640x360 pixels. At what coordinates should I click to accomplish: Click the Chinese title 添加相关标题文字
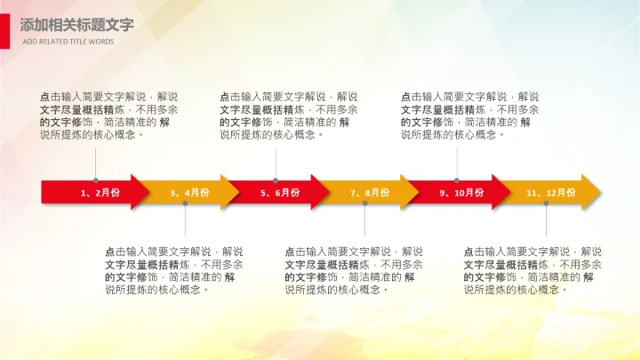(x=76, y=25)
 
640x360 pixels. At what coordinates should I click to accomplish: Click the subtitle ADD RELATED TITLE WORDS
(x=68, y=41)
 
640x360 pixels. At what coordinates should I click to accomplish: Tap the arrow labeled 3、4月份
(x=189, y=192)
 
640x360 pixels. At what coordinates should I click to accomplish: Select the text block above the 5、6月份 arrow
(x=289, y=116)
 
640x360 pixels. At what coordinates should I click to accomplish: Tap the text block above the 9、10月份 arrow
(x=470, y=116)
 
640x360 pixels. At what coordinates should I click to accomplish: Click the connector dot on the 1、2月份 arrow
(x=96, y=180)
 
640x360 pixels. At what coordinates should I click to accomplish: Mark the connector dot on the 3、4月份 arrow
(x=186, y=204)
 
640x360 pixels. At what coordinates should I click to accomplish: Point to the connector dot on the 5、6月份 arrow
(x=276, y=180)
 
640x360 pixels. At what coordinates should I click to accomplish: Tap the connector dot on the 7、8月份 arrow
(x=365, y=204)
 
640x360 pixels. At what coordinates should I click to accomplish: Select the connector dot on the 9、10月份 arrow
(x=457, y=180)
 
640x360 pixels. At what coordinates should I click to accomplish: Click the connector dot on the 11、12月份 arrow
(x=547, y=204)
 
